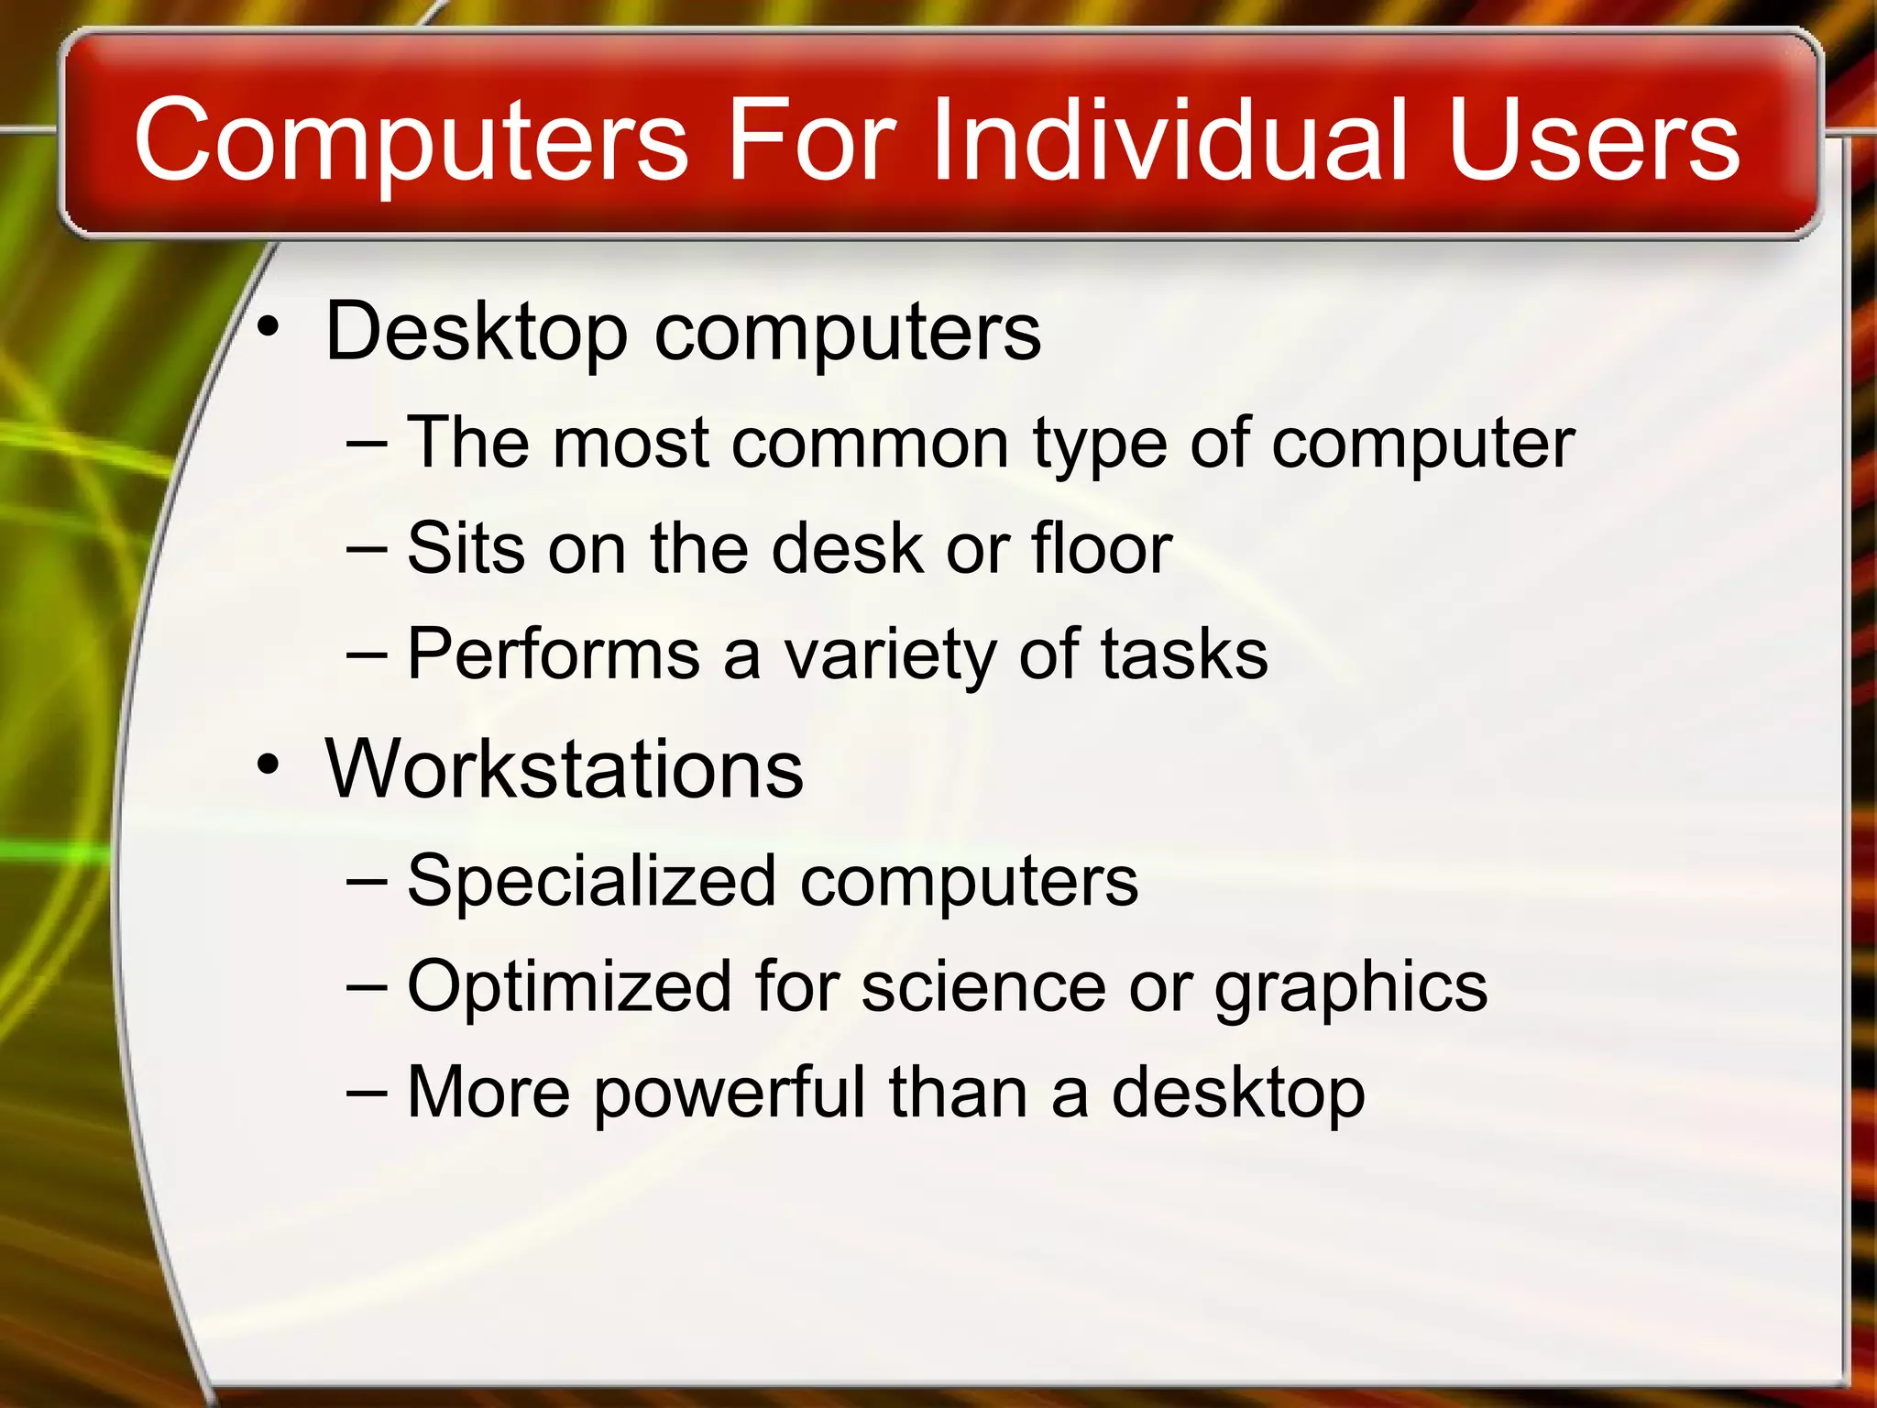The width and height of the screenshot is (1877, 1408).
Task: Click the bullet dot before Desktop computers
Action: pyautogui.click(x=268, y=326)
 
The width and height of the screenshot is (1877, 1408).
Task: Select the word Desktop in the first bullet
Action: pyautogui.click(x=476, y=332)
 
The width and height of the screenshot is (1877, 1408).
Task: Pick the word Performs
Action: pyautogui.click(x=554, y=654)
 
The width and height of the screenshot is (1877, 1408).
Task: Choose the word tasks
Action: pyautogui.click(x=1184, y=654)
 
